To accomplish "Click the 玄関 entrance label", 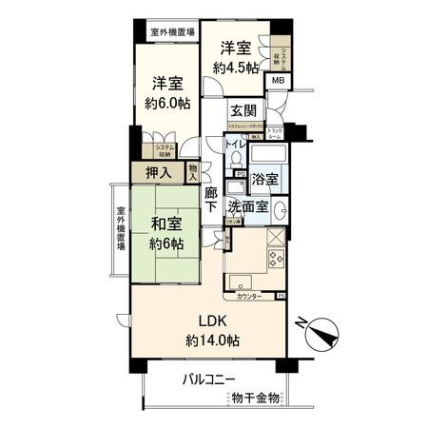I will click(x=243, y=110).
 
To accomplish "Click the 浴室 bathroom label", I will click(x=265, y=178).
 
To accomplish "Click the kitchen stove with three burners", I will click(x=276, y=260).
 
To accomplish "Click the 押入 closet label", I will click(x=158, y=172).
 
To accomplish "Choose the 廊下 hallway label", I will click(x=211, y=199).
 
